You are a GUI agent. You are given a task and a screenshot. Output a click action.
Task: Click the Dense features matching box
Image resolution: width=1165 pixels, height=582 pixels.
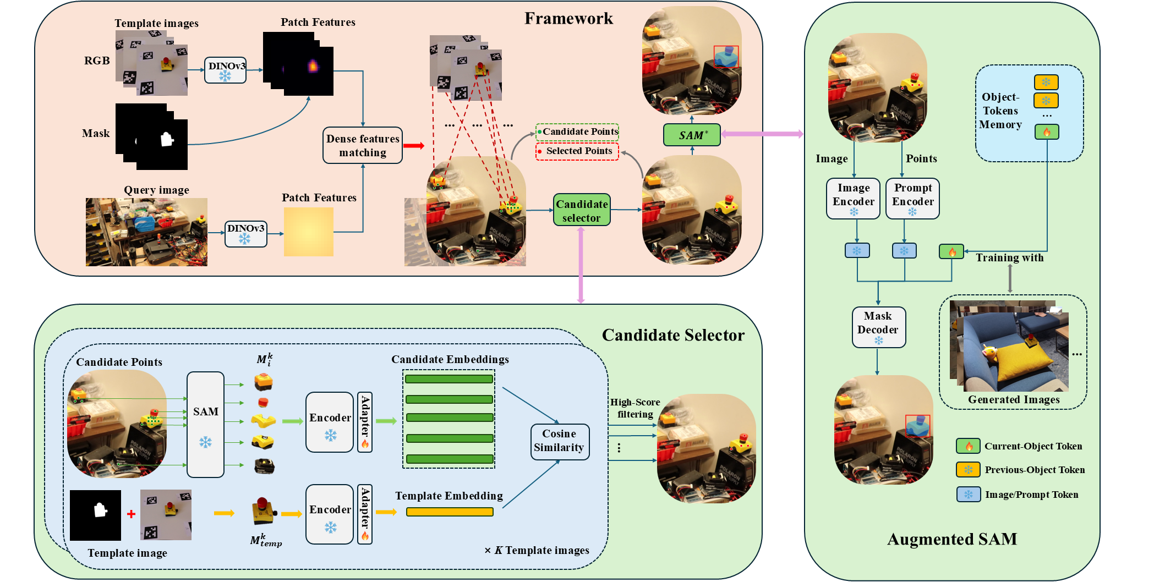pos(363,146)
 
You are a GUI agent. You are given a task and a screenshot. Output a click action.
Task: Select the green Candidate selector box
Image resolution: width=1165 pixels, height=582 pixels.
pos(582,210)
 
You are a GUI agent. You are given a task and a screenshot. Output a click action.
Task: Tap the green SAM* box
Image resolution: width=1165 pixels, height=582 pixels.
pos(692,135)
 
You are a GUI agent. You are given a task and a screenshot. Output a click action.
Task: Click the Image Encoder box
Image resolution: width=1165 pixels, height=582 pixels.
pos(853,199)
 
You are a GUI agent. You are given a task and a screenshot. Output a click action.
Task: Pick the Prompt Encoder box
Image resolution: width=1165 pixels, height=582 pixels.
pos(912,199)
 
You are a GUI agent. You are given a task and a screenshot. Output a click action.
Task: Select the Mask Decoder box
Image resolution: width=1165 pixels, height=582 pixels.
pos(878,327)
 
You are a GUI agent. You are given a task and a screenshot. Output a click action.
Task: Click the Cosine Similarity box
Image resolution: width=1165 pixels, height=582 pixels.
pos(559,441)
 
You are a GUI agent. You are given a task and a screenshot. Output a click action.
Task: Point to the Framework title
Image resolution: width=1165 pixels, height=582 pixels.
pos(568,19)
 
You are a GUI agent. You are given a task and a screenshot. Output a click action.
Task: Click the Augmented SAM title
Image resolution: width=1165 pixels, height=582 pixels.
pos(952,539)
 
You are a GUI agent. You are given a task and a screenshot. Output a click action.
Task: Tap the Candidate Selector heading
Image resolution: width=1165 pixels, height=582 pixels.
pos(672,335)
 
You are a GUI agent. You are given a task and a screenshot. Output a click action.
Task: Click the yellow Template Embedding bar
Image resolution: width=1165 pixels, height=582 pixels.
pos(450,512)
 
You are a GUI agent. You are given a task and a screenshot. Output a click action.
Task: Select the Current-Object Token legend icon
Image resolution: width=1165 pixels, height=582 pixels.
pos(967,446)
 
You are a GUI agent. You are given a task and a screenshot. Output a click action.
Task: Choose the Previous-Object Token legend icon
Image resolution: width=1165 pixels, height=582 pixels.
pos(967,470)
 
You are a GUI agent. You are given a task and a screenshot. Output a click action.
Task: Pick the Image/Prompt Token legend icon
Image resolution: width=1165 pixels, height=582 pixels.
pos(967,495)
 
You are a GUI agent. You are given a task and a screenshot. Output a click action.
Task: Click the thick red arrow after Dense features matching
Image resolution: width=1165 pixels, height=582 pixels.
pos(413,146)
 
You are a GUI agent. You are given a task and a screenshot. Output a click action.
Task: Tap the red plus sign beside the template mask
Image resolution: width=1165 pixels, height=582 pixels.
pos(131,514)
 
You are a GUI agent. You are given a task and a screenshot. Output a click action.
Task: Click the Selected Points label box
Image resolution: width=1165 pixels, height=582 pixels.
pos(577,151)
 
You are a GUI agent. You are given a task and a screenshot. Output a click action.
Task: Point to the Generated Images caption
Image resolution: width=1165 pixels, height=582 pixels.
pos(1014,400)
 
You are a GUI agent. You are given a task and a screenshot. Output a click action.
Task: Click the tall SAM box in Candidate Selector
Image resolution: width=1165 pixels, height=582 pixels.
pos(205,424)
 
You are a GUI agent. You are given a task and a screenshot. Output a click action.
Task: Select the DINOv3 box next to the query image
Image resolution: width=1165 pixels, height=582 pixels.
pos(245,233)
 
